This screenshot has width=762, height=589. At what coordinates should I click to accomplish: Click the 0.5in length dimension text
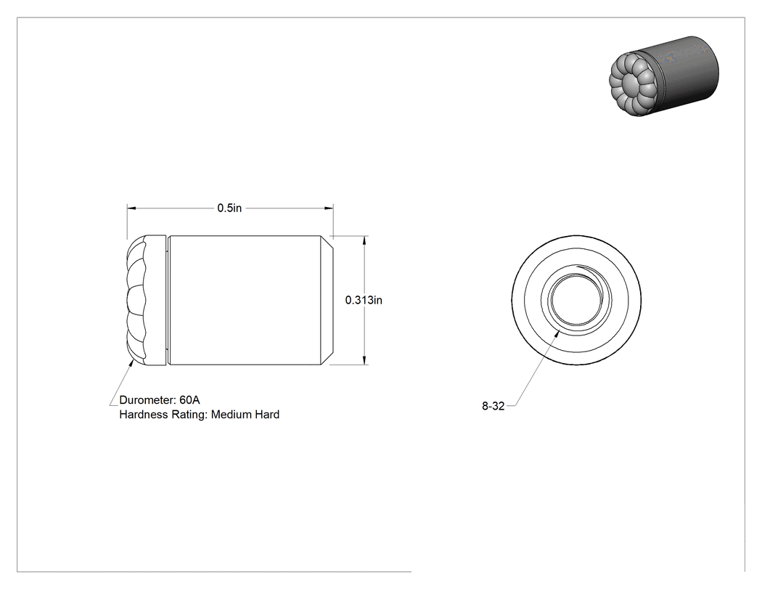[229, 208]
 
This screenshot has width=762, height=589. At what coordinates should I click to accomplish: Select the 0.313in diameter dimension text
[364, 300]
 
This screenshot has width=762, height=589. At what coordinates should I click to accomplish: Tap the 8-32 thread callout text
[493, 406]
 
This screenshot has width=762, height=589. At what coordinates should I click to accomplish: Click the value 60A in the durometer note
[189, 399]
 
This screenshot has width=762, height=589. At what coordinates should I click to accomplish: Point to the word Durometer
[147, 399]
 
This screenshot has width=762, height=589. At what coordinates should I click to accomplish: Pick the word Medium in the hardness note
[232, 415]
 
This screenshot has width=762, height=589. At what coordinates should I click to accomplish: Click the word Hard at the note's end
[267, 415]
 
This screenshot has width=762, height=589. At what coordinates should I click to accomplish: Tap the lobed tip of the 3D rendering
[630, 84]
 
